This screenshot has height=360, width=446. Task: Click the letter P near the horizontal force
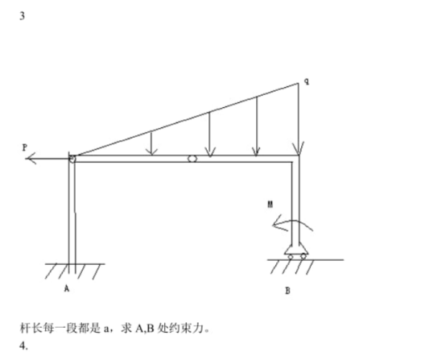25,147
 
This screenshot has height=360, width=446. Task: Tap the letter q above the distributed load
307,81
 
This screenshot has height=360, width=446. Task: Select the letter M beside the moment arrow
270,205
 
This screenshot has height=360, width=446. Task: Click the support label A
67,288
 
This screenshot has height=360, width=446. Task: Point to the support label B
288,291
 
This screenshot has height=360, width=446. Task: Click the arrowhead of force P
31,159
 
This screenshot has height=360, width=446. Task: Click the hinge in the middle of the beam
192,159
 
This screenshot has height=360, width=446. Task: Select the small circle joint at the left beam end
72,159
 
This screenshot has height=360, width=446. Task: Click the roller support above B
296,251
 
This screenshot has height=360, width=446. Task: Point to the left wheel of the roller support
291,257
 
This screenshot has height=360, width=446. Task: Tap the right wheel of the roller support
304,256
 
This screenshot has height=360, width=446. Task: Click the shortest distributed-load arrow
151,143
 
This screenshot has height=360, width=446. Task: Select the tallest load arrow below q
299,119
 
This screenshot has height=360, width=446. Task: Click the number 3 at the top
23,16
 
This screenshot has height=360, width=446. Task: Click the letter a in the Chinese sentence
106,329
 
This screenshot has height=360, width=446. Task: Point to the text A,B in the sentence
144,329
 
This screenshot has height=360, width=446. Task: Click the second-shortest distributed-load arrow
209,134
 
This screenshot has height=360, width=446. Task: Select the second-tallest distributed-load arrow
257,126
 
